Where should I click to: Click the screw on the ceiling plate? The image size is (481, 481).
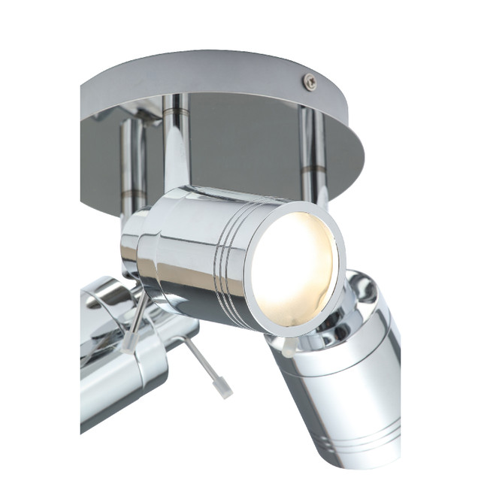(x=309, y=82)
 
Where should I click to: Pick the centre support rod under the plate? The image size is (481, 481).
(x=175, y=143)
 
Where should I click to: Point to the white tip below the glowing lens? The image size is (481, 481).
(x=289, y=346)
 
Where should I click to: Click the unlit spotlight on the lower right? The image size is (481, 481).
(x=346, y=376)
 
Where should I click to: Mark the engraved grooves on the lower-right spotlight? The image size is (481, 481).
(x=373, y=437)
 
